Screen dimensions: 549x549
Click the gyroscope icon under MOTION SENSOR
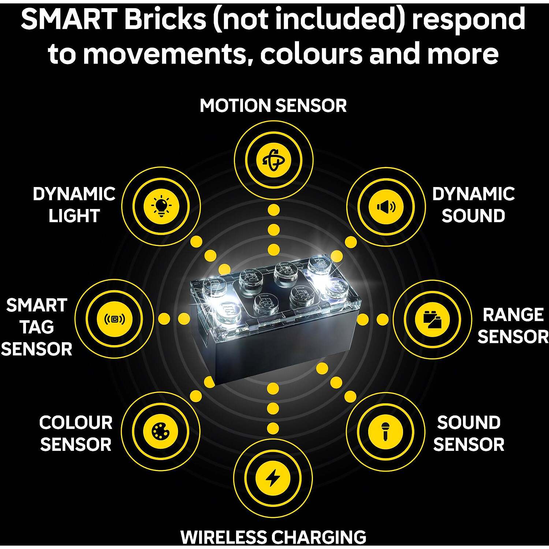click(x=273, y=160)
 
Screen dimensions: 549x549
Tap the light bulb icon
click(x=161, y=206)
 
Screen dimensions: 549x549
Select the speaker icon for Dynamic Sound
click(x=386, y=207)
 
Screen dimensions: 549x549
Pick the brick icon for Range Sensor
click(x=432, y=319)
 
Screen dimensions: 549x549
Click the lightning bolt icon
click(x=273, y=478)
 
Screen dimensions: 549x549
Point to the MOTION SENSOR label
click(x=273, y=106)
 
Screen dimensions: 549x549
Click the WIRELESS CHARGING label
click(x=273, y=537)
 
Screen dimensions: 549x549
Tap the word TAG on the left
click(x=37, y=327)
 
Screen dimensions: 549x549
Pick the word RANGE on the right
click(x=513, y=315)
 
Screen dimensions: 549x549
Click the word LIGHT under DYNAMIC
click(x=74, y=216)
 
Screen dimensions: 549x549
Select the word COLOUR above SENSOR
click(x=76, y=423)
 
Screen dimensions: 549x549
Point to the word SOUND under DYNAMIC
click(x=473, y=216)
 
